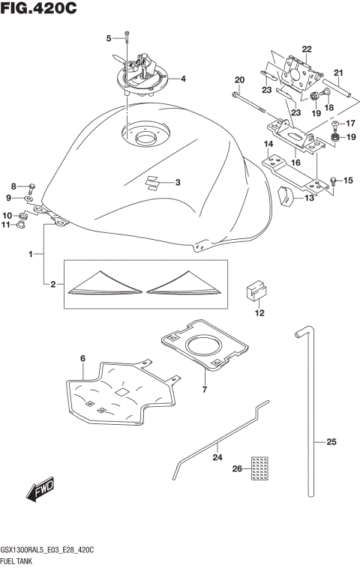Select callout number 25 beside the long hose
331,441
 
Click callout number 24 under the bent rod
217,456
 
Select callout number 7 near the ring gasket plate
203,390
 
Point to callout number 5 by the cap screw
109,37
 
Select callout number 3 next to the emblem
178,182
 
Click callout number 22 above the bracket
307,49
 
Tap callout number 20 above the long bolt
239,80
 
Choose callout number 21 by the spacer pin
338,73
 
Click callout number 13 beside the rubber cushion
308,199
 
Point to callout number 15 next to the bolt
346,181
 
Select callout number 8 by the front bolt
13,186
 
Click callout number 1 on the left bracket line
31,255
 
